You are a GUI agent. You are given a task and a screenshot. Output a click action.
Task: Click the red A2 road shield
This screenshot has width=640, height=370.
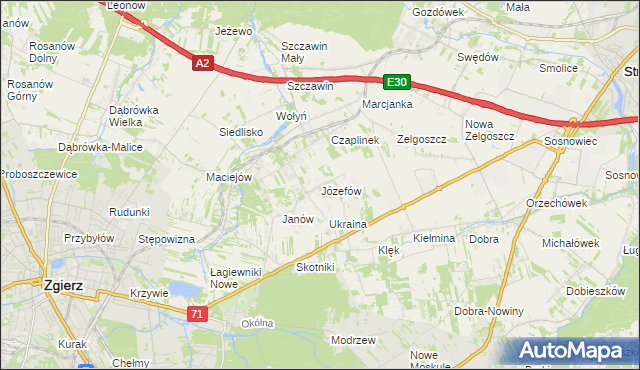tap(202, 63)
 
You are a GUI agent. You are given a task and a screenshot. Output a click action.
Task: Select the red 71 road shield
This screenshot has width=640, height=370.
tap(197, 314)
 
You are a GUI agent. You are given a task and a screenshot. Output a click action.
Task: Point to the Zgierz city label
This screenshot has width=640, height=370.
tap(63, 285)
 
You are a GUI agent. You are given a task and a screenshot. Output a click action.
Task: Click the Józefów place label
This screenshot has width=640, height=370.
tap(340, 190)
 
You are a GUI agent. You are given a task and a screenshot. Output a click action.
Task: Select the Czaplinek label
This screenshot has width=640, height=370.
tap(355, 141)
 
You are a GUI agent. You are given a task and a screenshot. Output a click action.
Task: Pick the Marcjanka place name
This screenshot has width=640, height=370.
tap(388, 104)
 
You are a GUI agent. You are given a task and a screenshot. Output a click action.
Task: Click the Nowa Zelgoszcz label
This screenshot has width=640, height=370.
tap(489, 130)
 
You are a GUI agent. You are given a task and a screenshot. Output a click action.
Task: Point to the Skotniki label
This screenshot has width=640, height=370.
tap(315, 267)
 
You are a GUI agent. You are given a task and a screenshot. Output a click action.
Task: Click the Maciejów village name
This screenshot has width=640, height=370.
tap(229, 178)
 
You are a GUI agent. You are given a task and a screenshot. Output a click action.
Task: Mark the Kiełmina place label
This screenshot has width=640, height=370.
tap(434, 239)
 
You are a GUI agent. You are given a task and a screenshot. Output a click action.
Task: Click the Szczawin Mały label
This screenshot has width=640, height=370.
tap(305, 52)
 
